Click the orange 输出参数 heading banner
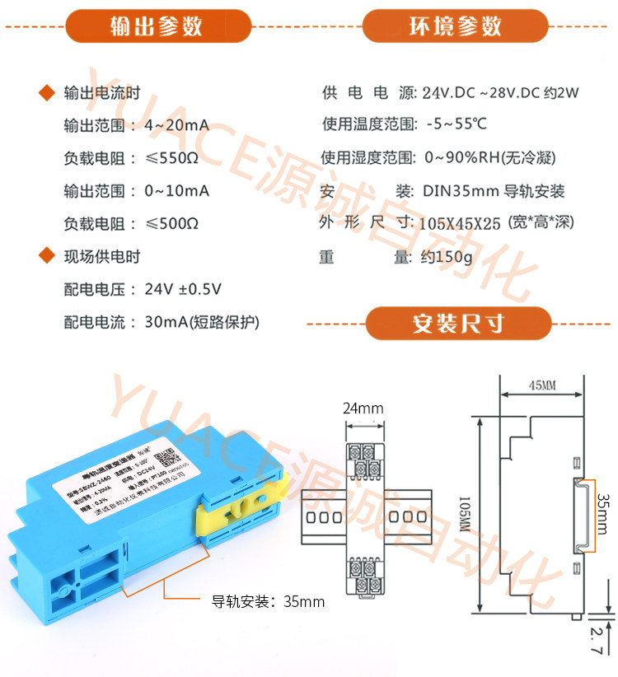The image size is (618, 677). click(x=157, y=26)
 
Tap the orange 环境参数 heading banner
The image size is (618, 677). click(x=456, y=26)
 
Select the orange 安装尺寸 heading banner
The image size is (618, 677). click(x=458, y=323)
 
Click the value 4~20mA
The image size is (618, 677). click(x=176, y=126)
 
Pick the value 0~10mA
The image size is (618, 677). click(x=176, y=191)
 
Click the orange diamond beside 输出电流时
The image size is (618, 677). click(x=47, y=93)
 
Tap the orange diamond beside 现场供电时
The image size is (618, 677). click(x=47, y=256)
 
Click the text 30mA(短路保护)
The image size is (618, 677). click(x=207, y=322)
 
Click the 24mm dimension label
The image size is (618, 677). click(x=363, y=408)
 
